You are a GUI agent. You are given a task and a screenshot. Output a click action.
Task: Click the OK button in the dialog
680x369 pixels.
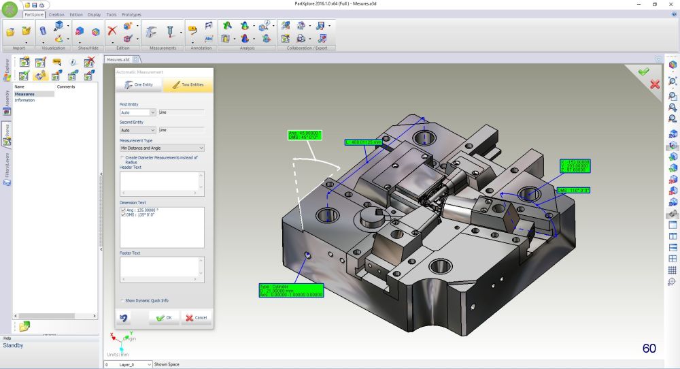pyautogui.click(x=164, y=317)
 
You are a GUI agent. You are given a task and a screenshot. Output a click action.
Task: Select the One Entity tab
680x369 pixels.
pyautogui.click(x=139, y=84)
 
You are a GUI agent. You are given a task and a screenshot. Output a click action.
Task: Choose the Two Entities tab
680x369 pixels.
pyautogui.click(x=188, y=84)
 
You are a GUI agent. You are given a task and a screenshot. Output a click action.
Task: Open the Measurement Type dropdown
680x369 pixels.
pyautogui.click(x=162, y=148)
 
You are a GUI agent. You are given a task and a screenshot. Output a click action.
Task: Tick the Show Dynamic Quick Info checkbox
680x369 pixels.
pyautogui.click(x=122, y=300)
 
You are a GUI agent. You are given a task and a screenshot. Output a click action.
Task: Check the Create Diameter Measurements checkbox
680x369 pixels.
pyautogui.click(x=122, y=157)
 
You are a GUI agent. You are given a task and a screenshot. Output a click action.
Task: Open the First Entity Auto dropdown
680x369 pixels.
pyautogui.click(x=137, y=112)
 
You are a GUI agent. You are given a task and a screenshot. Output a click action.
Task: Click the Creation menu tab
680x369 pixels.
pyautogui.click(x=56, y=14)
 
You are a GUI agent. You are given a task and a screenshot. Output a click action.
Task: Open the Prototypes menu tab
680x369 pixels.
pyautogui.click(x=132, y=14)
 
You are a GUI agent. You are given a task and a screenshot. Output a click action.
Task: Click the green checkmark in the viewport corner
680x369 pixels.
pyautogui.click(x=643, y=71)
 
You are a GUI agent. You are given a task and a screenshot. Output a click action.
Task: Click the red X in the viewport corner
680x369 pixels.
pyautogui.click(x=655, y=84)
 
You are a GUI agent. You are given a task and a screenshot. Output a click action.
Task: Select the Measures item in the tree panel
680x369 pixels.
pyautogui.click(x=24, y=94)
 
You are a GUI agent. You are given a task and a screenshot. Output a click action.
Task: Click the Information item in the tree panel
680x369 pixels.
pyautogui.click(x=24, y=100)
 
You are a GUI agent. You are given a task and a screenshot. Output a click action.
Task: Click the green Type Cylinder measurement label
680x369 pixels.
pyautogui.click(x=291, y=291)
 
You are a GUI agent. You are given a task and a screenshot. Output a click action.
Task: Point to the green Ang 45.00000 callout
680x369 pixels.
pyautogui.click(x=304, y=135)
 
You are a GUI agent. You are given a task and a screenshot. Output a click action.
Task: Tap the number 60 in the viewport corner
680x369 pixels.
pyautogui.click(x=649, y=349)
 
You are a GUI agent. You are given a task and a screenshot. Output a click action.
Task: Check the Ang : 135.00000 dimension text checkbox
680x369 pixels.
pyautogui.click(x=122, y=210)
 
